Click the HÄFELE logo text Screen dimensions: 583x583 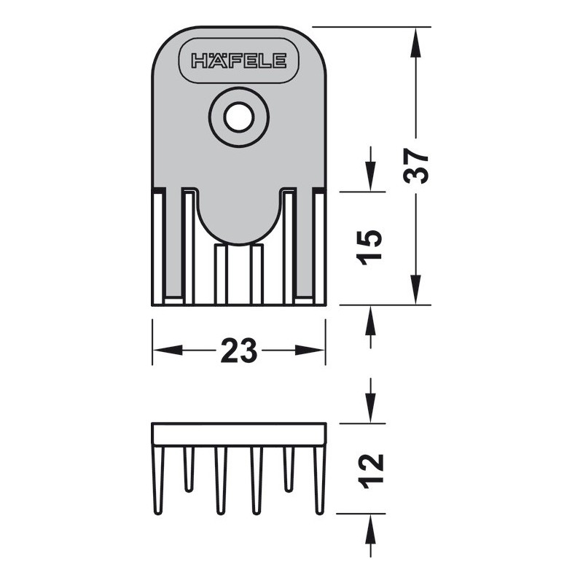point(239,60)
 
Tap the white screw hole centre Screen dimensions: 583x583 point(239,117)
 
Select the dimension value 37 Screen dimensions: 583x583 point(415,166)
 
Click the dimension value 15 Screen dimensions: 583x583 point(369,248)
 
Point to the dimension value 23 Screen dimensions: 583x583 point(239,351)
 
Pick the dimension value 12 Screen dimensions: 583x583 point(370,472)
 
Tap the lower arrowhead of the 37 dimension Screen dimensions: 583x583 point(415,289)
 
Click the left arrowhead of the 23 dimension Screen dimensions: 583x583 point(168,351)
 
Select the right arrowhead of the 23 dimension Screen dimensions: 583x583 point(310,351)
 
